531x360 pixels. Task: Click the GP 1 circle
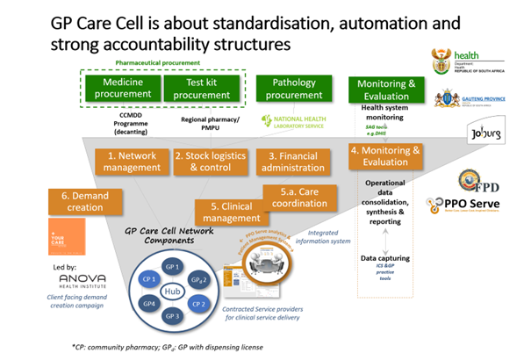coord(172,266)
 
